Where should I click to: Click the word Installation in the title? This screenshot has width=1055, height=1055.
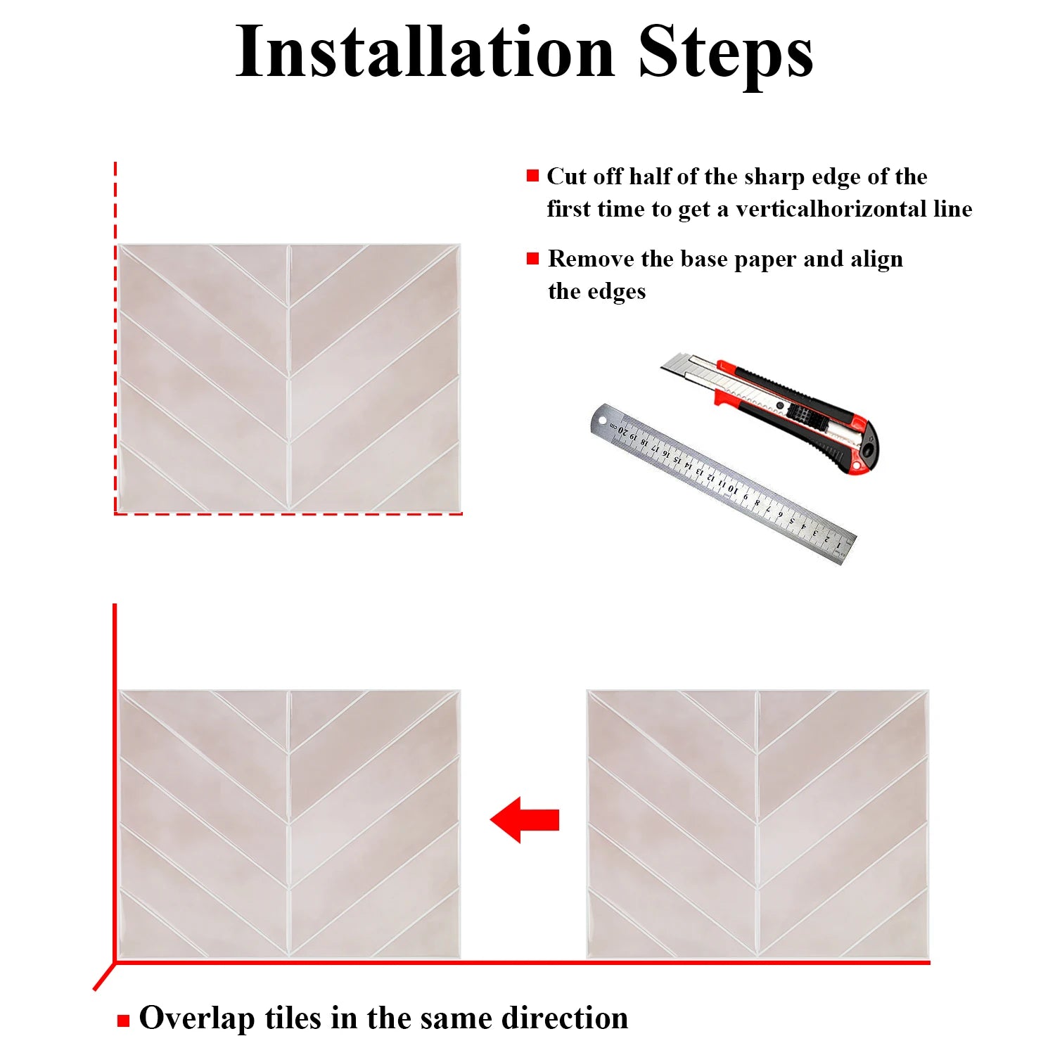425,51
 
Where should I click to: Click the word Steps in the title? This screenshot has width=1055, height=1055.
726,51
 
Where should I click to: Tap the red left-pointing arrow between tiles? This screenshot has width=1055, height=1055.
525,819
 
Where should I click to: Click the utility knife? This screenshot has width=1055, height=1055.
770,412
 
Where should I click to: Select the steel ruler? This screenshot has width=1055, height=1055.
723,484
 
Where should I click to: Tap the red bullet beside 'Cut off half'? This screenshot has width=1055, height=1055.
532,176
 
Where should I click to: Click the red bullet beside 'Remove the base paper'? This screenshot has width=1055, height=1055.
532,259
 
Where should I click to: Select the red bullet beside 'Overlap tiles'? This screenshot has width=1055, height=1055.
124,1021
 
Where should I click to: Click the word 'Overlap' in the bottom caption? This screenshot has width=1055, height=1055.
197,1019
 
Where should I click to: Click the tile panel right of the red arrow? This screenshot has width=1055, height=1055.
758,824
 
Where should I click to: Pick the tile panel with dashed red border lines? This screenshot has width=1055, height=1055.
289,378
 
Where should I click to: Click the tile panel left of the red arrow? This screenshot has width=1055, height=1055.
289,824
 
